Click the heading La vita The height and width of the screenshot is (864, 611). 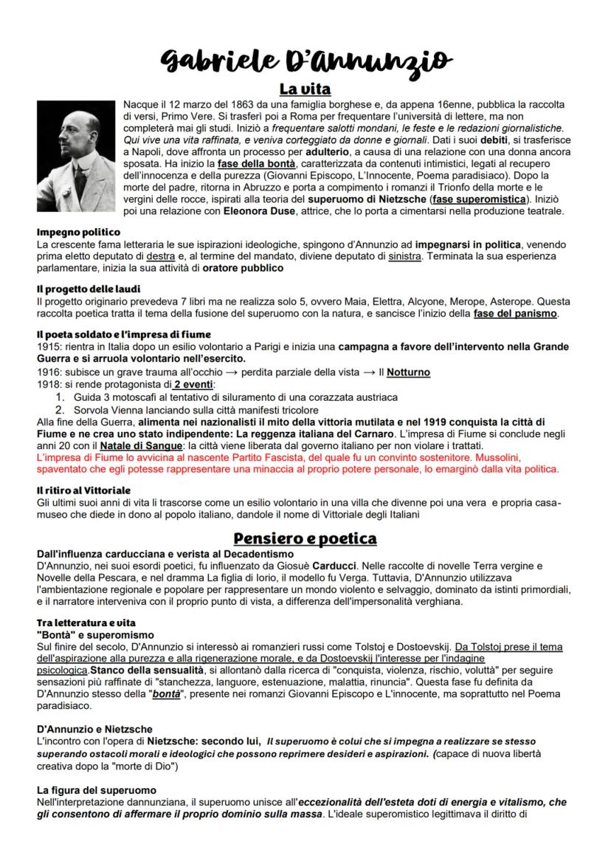304,90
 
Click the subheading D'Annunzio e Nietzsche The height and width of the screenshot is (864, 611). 95,728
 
